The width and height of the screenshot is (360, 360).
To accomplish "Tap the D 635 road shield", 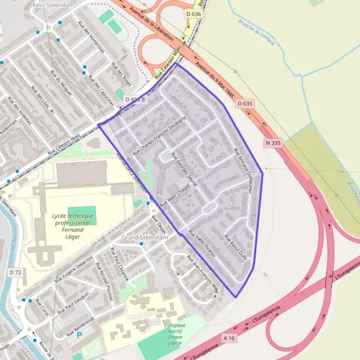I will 244,104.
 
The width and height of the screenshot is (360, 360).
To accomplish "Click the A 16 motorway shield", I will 229,338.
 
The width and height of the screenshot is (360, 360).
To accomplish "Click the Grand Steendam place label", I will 145,238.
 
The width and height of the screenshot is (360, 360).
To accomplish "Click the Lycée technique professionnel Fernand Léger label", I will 74,226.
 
